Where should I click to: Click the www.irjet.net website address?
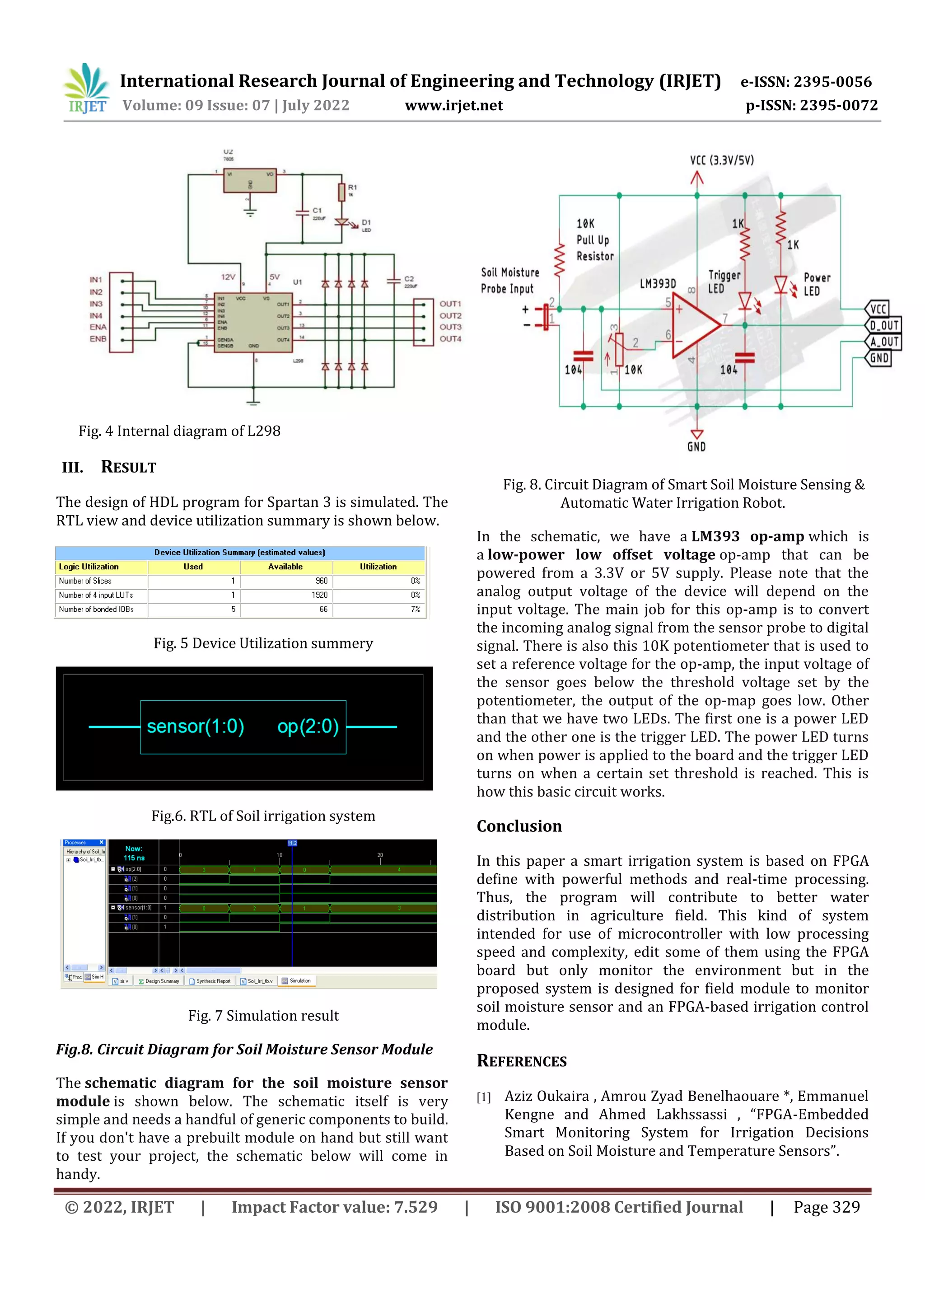pyautogui.click(x=453, y=105)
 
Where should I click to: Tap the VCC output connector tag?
pyautogui.click(x=878, y=309)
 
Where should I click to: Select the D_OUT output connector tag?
pyautogui.click(x=883, y=325)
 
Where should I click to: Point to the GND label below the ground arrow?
pyautogui.click(x=696, y=447)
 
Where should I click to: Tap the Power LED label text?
pyautogui.click(x=817, y=284)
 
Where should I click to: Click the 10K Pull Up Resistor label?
pyautogui.click(x=595, y=240)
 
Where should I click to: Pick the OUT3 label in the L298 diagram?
pyautogui.click(x=450, y=327)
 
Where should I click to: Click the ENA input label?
pyautogui.click(x=98, y=327)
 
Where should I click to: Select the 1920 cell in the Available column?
pyautogui.click(x=319, y=595)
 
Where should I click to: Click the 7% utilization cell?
pyautogui.click(x=415, y=609)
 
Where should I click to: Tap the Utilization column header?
pyautogui.click(x=378, y=567)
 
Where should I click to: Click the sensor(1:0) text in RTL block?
pyautogui.click(x=196, y=727)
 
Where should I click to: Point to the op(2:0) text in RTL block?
pyautogui.click(x=308, y=727)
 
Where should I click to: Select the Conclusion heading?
pyautogui.click(x=519, y=826)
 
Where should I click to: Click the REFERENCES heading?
pyautogui.click(x=522, y=1061)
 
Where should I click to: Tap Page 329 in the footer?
pyautogui.click(x=827, y=1207)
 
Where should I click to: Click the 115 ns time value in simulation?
pyautogui.click(x=134, y=858)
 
